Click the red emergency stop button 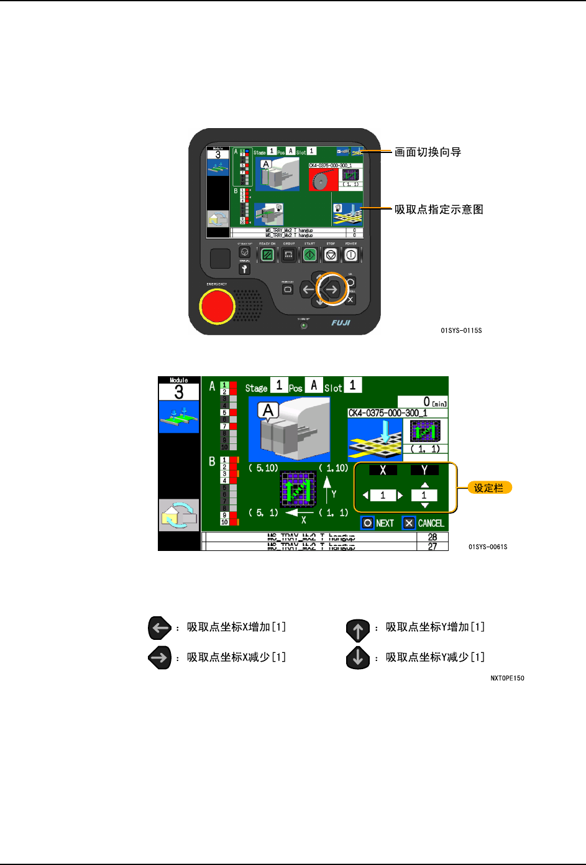click(216, 305)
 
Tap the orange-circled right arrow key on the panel click(332, 289)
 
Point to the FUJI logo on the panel click(341, 323)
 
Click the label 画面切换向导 click(428, 152)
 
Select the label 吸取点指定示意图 click(439, 210)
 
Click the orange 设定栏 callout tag click(489, 488)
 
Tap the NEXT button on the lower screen click(378, 523)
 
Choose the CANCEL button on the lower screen click(424, 523)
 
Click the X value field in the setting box click(383, 496)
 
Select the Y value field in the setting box click(424, 496)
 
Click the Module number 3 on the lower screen click(179, 392)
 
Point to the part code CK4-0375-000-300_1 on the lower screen click(388, 413)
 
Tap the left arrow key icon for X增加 click(160, 628)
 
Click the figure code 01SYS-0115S click(461, 331)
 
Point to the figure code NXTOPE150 click(507, 678)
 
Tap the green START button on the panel click(309, 255)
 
